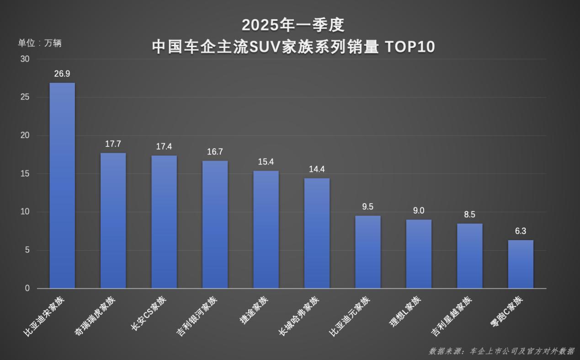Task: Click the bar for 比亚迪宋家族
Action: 62,185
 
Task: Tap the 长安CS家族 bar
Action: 164,222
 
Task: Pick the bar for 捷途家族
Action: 266,229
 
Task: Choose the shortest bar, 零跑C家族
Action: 521,264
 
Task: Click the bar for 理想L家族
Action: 419,254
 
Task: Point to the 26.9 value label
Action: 62,74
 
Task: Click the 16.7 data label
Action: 215,152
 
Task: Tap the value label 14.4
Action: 317,169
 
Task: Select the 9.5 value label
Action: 368,207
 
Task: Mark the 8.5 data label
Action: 469,214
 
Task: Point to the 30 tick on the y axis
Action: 25,59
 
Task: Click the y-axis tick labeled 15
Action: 25,174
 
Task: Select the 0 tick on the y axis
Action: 27,288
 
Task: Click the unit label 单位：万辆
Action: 40,43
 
